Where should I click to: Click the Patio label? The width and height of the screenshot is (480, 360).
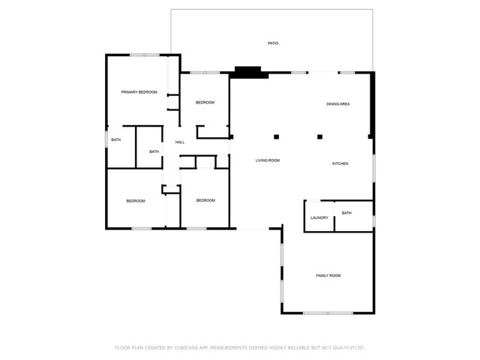click(273, 43)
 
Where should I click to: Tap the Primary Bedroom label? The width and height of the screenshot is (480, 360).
click(139, 92)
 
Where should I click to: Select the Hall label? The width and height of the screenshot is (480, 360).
click(180, 142)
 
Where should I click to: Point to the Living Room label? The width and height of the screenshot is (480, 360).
click(267, 160)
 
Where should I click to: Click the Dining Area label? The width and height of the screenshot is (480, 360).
click(337, 104)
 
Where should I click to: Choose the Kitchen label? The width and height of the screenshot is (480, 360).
click(340, 163)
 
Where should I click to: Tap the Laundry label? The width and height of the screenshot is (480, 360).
click(319, 218)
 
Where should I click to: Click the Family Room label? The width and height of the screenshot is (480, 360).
click(328, 276)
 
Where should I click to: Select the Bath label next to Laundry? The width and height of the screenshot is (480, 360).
click(346, 213)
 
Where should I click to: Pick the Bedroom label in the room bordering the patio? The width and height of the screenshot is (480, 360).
click(205, 103)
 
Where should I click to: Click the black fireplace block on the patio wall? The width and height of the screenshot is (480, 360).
click(251, 73)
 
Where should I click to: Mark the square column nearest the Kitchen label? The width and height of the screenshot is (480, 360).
click(320, 136)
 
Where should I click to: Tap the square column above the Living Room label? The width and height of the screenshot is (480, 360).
click(276, 136)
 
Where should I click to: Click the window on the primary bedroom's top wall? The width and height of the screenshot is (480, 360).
click(144, 55)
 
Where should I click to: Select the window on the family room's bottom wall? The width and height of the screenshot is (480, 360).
click(328, 313)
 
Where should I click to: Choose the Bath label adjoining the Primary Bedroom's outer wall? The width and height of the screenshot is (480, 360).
click(116, 140)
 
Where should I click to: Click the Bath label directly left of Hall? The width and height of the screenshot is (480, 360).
click(154, 152)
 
